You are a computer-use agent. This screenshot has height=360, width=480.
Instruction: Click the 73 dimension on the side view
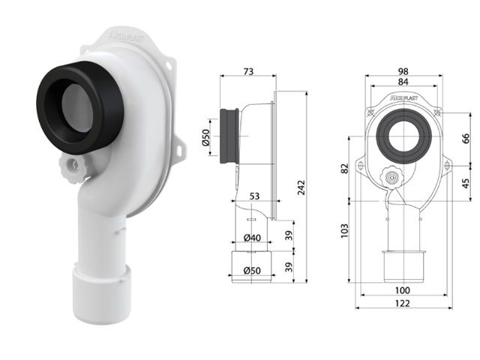click(x=248, y=71)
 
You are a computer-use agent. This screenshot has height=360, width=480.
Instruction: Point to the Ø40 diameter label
click(x=253, y=238)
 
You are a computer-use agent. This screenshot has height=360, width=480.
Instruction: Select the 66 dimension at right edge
click(x=465, y=139)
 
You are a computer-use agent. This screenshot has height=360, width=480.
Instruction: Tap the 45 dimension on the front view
click(x=465, y=182)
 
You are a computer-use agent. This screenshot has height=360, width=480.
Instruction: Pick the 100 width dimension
click(x=403, y=290)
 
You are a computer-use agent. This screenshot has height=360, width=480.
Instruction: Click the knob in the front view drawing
click(x=391, y=177)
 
